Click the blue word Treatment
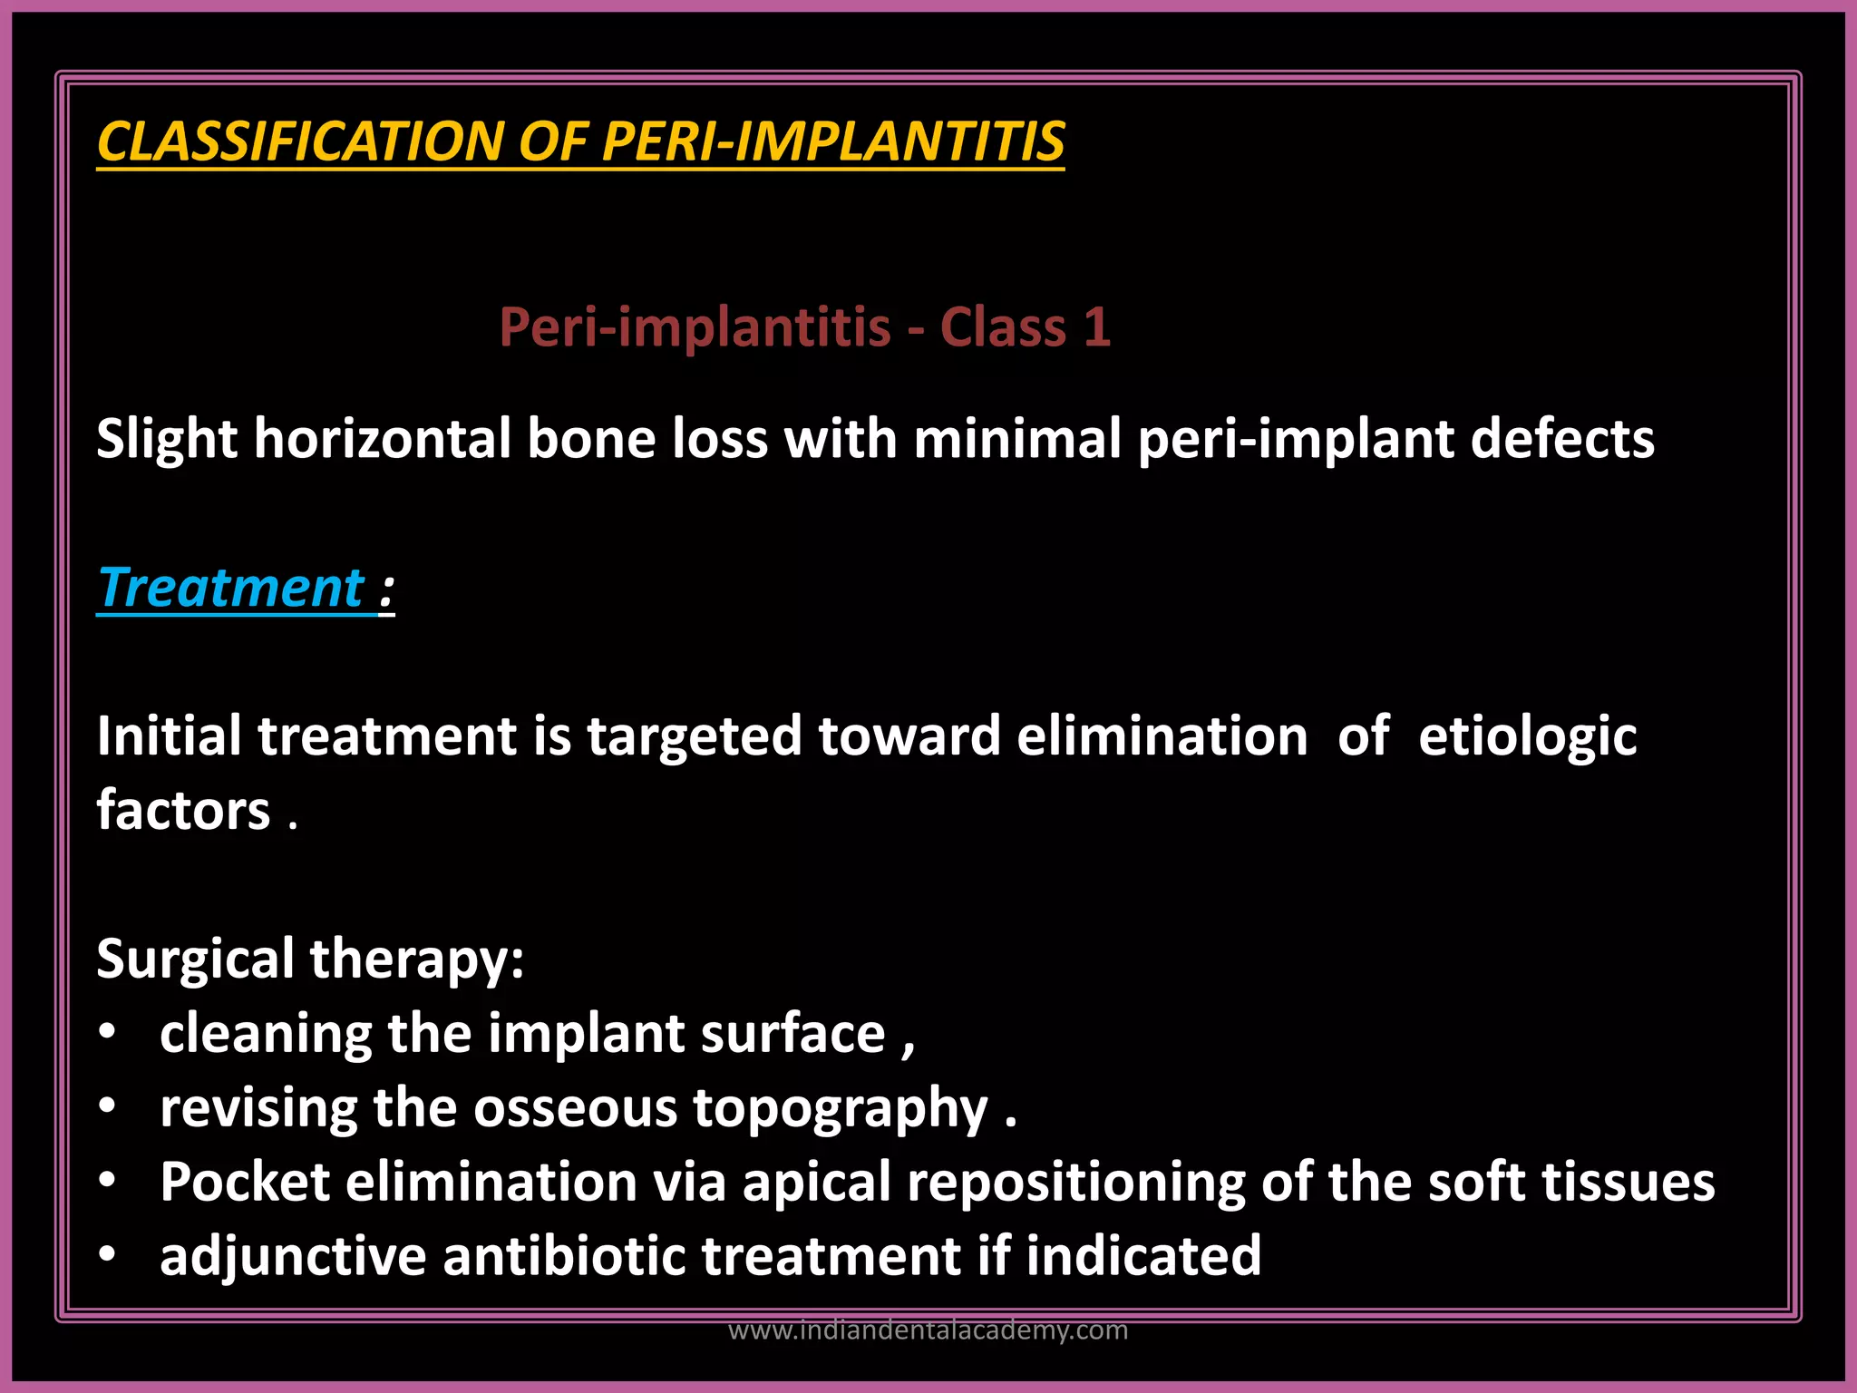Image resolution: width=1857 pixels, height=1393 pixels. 232,588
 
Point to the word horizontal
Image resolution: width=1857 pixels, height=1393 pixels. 382,439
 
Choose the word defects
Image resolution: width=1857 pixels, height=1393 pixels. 1561,439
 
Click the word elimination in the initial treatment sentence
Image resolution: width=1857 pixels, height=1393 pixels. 1162,735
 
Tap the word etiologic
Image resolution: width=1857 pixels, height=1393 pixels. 1527,735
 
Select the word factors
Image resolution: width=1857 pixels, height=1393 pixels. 183,809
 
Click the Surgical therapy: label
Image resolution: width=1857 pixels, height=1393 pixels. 310,959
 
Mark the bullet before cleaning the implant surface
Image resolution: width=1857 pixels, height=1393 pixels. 108,1032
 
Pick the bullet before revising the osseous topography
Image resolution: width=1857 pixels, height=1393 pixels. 108,1106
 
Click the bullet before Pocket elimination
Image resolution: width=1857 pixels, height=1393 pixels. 108,1181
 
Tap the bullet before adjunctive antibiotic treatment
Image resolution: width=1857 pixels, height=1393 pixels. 108,1255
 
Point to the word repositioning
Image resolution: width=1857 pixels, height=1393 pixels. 1075,1183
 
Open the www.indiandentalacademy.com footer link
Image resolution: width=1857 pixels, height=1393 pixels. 928,1330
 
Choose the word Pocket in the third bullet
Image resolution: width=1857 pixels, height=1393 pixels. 245,1182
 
